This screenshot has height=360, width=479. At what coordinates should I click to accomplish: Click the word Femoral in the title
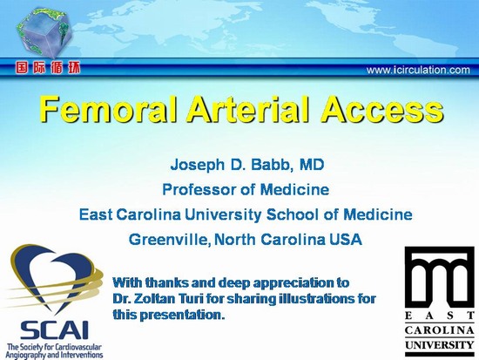tap(109, 109)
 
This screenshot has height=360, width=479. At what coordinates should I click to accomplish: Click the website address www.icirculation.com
tap(418, 70)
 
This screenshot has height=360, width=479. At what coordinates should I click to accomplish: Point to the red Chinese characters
tap(48, 68)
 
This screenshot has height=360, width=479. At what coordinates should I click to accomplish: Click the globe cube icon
tap(45, 32)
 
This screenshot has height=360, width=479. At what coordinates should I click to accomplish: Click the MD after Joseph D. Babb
tap(312, 165)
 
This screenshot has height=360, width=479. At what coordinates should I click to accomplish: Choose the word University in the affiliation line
tap(223, 214)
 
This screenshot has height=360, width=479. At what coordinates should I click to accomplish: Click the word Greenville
tap(169, 239)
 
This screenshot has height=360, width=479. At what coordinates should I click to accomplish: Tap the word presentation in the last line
tap(182, 315)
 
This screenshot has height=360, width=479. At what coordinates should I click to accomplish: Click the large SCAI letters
tap(54, 329)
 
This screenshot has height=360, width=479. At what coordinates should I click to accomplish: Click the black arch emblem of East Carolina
tap(439, 278)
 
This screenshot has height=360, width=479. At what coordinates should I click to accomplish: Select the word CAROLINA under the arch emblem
tap(439, 330)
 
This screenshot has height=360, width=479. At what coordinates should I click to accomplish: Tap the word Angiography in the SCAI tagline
tap(25, 355)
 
